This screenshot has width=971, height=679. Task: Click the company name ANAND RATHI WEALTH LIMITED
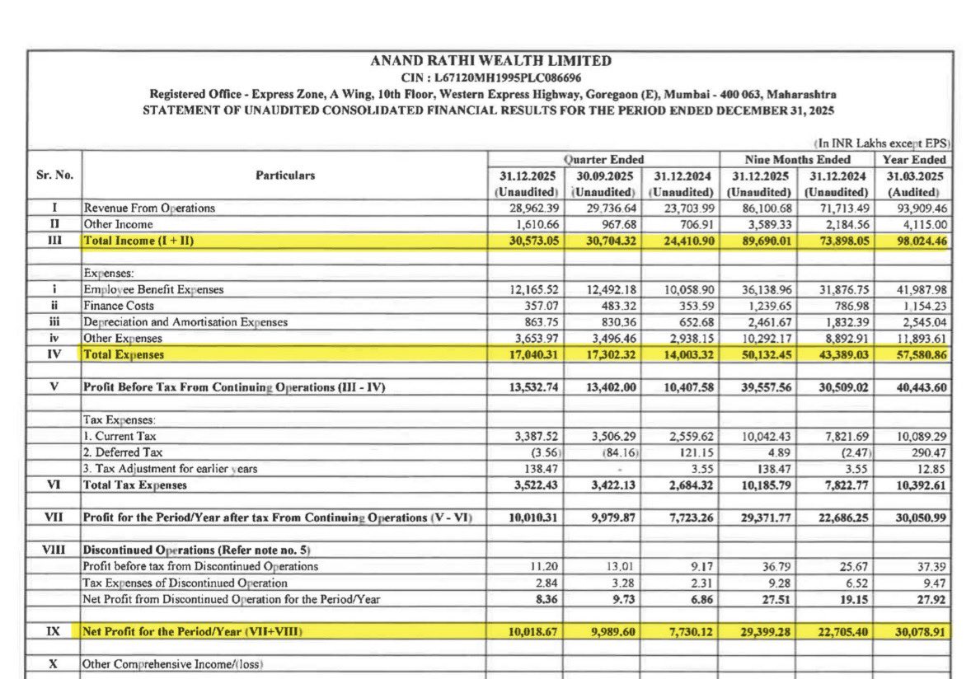[490, 61]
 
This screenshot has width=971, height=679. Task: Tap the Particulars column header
[284, 176]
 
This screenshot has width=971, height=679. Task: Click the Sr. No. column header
[55, 176]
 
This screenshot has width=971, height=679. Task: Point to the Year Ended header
[914, 160]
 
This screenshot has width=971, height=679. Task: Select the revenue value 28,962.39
[528, 208]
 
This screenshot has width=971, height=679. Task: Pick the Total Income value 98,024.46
[913, 240]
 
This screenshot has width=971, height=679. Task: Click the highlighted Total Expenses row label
[124, 354]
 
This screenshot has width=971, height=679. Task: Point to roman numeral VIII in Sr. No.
[55, 550]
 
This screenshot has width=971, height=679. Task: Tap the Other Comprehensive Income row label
[171, 663]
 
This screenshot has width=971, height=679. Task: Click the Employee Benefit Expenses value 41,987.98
[913, 289]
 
